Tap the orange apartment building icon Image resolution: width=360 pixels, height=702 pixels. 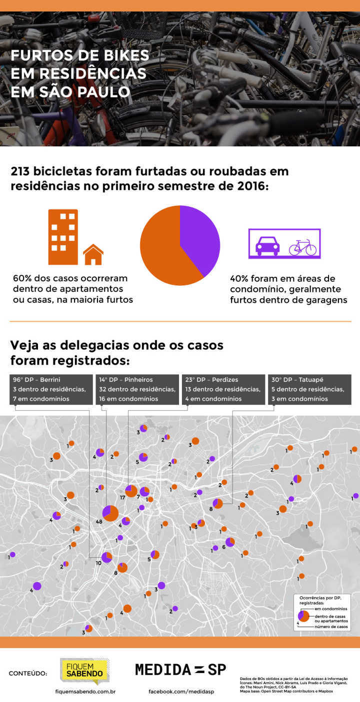coord(63,236)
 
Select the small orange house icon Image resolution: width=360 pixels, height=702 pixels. coord(93,255)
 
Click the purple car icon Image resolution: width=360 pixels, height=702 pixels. coord(268,246)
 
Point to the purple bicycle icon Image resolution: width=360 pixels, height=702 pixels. coord(302,247)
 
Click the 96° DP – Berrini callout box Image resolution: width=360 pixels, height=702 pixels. coord(51,389)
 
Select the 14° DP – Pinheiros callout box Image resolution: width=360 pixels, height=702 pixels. coord(137,389)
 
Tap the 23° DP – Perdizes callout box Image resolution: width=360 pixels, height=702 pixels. coord(223,389)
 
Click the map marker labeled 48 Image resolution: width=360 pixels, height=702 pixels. coord(110,513)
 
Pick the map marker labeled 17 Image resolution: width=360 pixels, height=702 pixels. coord(131,491)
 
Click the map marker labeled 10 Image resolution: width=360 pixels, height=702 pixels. coord(107,557)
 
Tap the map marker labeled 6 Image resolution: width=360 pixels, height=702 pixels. coord(230,542)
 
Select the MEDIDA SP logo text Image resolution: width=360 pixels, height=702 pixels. coord(180,670)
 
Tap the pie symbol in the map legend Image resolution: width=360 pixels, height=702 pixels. coord(303,617)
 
